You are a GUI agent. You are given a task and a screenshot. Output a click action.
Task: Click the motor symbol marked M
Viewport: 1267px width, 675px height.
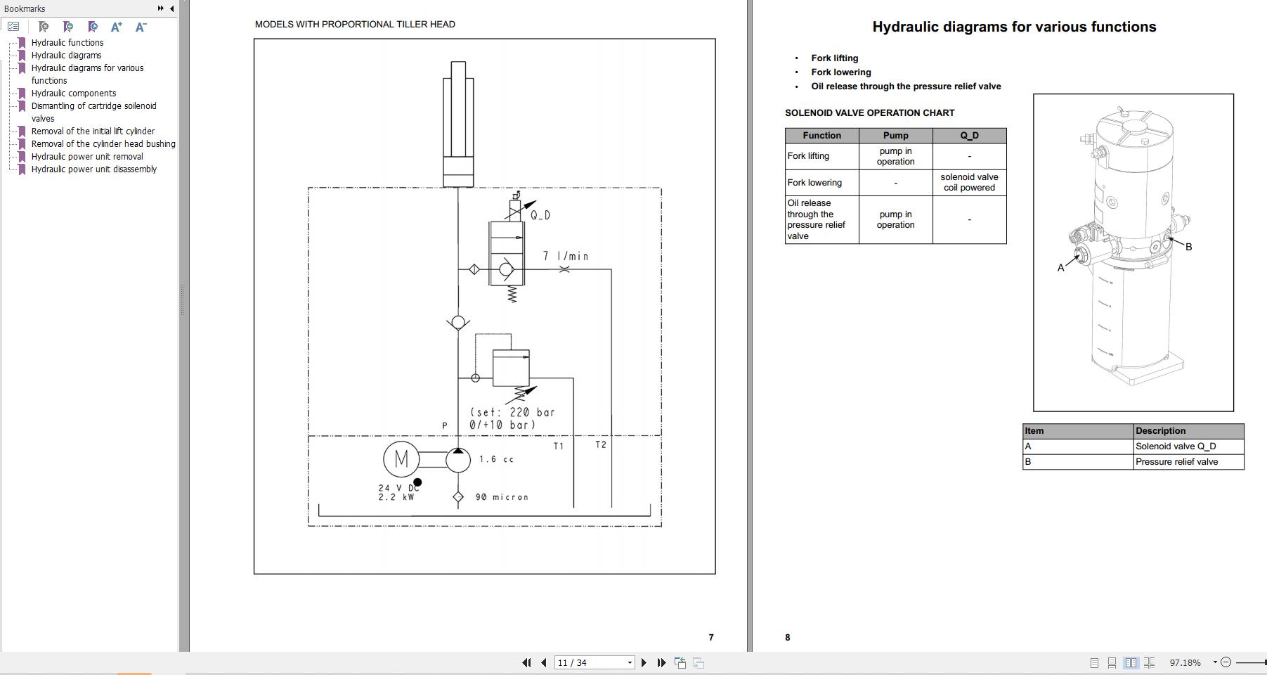(401, 459)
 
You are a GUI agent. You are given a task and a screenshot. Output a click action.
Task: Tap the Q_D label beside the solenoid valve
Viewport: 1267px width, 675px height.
(540, 215)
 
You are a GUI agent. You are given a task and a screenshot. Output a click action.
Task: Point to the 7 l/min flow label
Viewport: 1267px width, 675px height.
(566, 257)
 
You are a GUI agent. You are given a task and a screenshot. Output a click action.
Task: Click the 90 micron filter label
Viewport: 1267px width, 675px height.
(502, 497)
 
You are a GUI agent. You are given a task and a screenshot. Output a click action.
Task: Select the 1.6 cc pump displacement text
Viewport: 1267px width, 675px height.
(497, 459)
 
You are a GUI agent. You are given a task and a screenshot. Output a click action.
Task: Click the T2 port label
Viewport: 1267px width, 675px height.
(601, 444)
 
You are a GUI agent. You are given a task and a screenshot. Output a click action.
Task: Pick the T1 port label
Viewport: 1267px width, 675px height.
(559, 446)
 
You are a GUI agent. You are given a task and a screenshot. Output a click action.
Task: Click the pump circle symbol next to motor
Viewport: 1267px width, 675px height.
(458, 460)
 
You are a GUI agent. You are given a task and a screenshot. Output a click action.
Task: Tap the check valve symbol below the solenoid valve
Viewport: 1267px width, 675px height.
(458, 323)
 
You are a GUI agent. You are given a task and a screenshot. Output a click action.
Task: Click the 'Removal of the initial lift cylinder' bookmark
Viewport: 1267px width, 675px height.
(93, 131)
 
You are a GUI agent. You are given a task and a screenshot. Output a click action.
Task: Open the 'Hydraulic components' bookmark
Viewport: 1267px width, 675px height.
(74, 94)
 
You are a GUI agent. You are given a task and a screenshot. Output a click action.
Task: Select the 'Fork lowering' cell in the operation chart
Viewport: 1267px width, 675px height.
(814, 183)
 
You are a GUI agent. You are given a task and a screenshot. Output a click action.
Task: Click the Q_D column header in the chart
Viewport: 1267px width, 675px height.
(969, 136)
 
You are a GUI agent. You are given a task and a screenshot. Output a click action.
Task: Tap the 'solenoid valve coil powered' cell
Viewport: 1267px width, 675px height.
(969, 183)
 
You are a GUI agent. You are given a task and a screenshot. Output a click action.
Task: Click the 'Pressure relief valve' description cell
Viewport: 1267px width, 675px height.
(1176, 462)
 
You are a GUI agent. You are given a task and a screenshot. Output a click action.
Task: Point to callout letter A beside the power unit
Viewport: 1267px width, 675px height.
(1060, 268)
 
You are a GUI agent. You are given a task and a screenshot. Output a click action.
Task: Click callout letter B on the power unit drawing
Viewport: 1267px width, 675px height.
(1188, 247)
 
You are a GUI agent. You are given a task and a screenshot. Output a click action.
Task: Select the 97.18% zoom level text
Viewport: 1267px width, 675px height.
(1185, 662)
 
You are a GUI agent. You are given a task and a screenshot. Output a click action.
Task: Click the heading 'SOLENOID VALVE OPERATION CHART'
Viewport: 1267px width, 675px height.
(869, 113)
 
